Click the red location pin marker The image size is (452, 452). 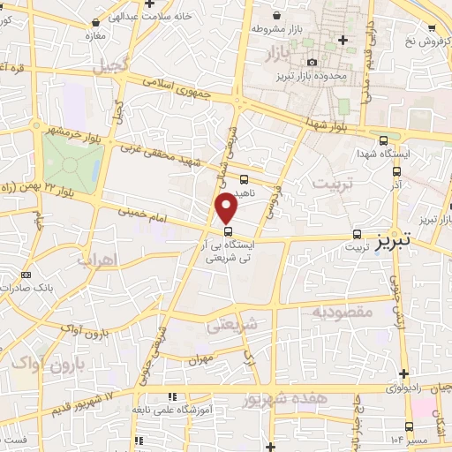pos(228,208)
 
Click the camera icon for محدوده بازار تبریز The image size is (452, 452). pos(312,62)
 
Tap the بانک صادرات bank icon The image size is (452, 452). pos(24,275)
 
